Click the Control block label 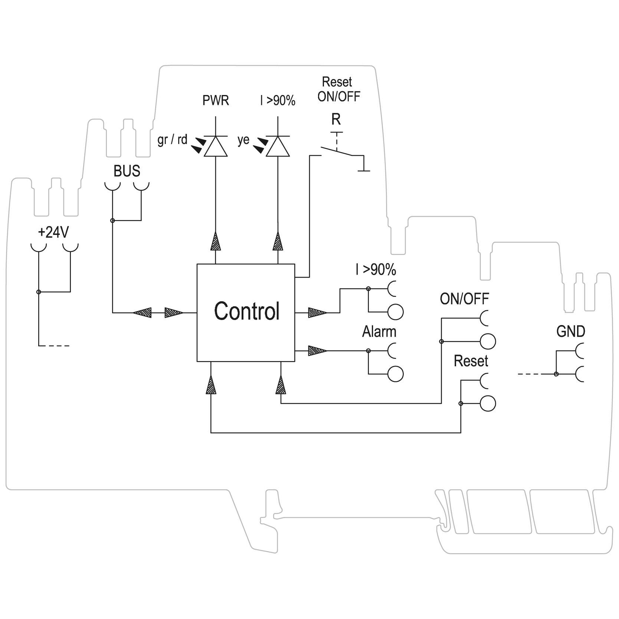tap(246, 311)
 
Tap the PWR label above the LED tap(216, 101)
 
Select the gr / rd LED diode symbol tap(216, 147)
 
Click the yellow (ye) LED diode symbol tap(278, 147)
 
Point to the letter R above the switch tap(336, 119)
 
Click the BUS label tap(127, 171)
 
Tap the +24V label tap(53, 233)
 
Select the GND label tap(570, 331)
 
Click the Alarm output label tap(379, 332)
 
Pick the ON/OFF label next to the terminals tap(464, 299)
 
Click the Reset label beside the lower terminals tap(471, 361)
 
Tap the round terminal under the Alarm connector tap(396, 374)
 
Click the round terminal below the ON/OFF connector tap(488, 341)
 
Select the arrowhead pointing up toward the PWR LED tap(216, 241)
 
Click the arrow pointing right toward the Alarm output tap(318, 351)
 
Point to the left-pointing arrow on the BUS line tap(142, 312)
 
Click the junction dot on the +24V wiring tap(39, 292)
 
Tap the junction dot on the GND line tap(556, 374)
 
